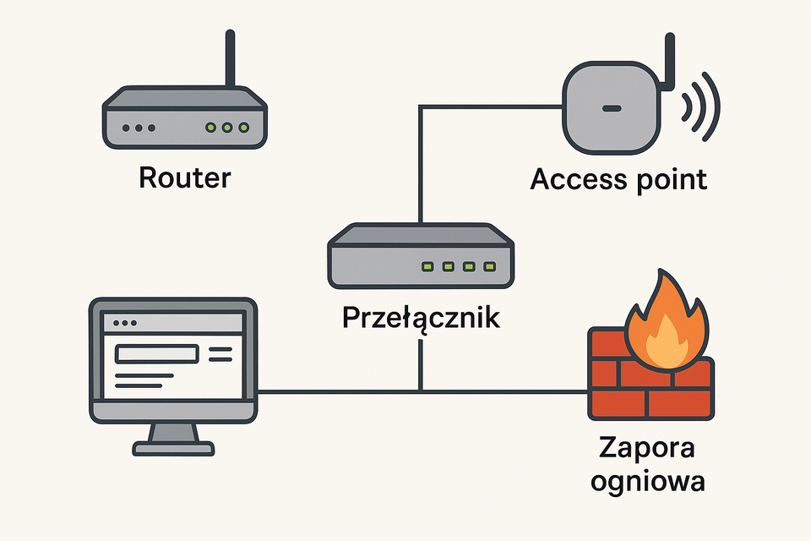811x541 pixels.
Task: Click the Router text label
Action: click(x=184, y=178)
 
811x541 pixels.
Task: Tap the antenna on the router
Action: click(x=228, y=59)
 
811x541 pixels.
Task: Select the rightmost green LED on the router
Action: click(x=244, y=128)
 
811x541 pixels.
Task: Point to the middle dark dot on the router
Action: click(x=139, y=128)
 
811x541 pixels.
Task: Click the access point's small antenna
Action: click(x=670, y=61)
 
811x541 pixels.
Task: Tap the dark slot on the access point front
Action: click(x=611, y=109)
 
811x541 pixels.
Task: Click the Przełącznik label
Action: click(x=420, y=319)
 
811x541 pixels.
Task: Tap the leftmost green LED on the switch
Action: click(x=427, y=267)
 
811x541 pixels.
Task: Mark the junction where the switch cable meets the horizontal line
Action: click(x=420, y=391)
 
